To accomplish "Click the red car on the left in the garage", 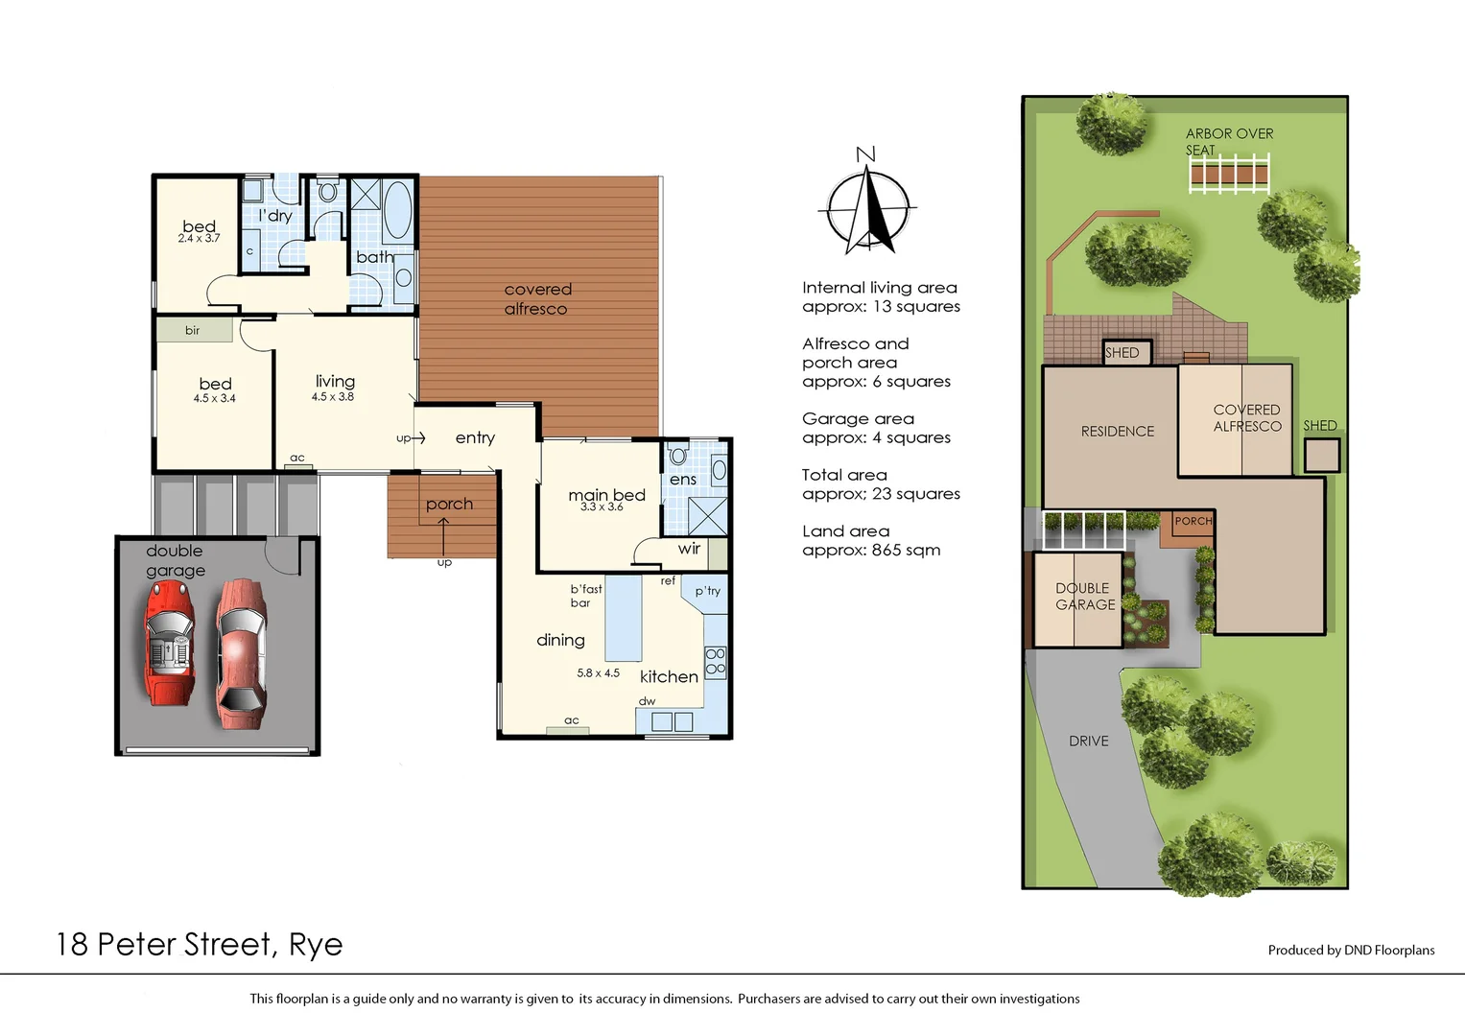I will click(169, 642).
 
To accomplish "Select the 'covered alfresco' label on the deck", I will click(537, 299).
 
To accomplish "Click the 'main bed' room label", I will click(606, 495).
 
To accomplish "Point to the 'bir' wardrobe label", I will click(193, 331).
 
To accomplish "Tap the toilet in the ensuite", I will click(678, 454).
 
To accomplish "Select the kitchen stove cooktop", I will click(716, 662).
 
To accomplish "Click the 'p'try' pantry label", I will click(708, 591).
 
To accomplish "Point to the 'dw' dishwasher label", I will click(648, 701).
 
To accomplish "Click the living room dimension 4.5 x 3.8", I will click(333, 397).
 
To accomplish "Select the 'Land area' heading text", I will click(845, 531).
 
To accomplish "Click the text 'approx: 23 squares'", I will click(881, 494).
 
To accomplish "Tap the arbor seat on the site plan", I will click(1229, 176).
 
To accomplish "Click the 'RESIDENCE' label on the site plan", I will click(1118, 432).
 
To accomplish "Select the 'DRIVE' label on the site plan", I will click(1089, 742).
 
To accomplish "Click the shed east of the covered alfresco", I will click(1321, 455).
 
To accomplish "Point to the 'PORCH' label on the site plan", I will click(1193, 521).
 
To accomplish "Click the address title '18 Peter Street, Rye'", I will click(200, 945).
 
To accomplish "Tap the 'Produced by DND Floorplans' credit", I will click(1351, 951).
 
